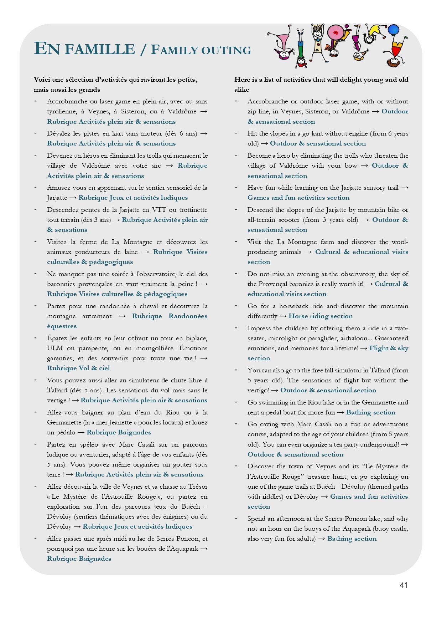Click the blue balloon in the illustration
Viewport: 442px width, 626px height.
point(393,30)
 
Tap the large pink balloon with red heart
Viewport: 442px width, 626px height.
point(335,32)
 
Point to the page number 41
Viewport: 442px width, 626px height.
point(403,585)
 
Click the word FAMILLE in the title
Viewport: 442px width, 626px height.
point(100,49)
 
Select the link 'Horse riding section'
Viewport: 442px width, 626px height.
point(320,316)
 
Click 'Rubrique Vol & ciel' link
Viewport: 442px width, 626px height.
point(78,368)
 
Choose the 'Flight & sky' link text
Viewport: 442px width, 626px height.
point(389,348)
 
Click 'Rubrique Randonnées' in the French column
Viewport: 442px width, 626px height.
point(170,316)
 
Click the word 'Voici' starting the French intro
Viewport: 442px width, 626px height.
point(42,80)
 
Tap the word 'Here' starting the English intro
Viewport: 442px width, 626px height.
point(241,80)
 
